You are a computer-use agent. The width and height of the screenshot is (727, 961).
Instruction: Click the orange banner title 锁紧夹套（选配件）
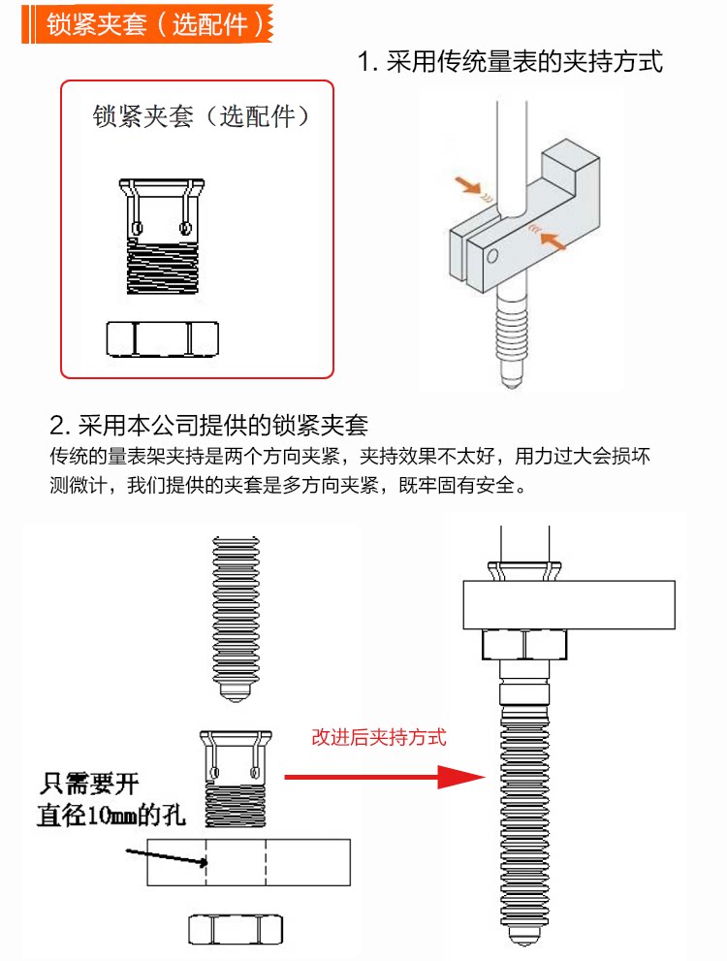click(155, 24)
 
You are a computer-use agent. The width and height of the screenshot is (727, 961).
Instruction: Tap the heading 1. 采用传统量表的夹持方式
click(510, 63)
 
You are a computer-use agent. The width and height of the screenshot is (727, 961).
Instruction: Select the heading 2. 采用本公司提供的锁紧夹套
click(208, 425)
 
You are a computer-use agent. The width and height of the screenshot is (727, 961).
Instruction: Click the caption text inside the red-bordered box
click(202, 117)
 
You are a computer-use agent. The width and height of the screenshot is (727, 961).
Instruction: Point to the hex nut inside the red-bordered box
click(161, 338)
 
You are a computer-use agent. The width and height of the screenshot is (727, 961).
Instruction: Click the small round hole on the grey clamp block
click(492, 255)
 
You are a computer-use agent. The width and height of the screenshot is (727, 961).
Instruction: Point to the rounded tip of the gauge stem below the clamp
click(510, 375)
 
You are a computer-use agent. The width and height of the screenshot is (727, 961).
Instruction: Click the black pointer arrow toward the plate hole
click(165, 858)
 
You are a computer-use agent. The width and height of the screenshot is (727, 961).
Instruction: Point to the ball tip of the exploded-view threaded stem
click(234, 692)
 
